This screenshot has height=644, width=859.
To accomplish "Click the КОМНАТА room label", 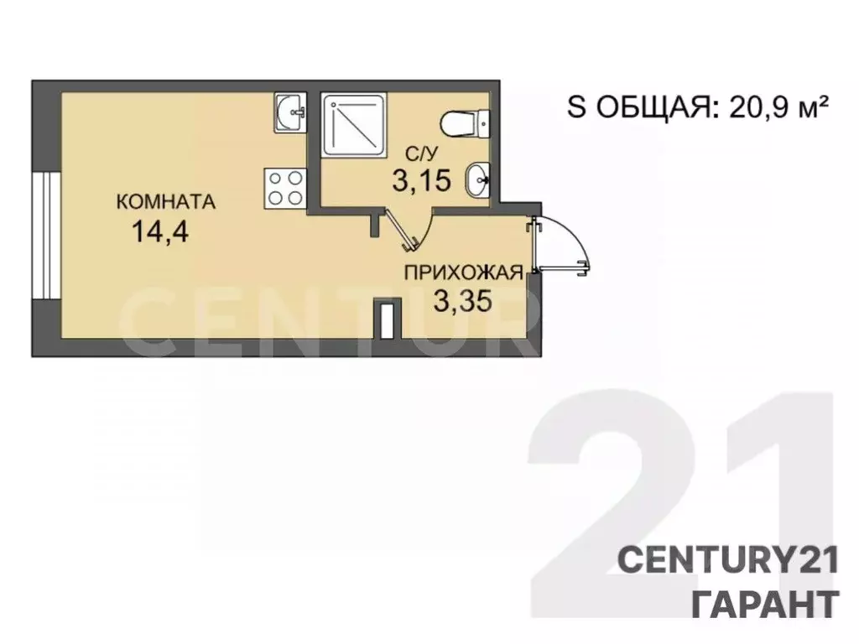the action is pyautogui.click(x=165, y=202).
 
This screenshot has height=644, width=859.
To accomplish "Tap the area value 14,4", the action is pyautogui.click(x=160, y=231).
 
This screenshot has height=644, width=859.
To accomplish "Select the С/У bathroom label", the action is pyautogui.click(x=421, y=154).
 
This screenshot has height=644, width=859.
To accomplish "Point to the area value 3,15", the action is pyautogui.click(x=421, y=181).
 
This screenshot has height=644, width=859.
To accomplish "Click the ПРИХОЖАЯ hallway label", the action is pyautogui.click(x=463, y=273).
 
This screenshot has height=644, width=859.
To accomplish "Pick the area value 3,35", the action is pyautogui.click(x=463, y=301).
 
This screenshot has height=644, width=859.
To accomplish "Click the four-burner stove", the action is pyautogui.click(x=285, y=189).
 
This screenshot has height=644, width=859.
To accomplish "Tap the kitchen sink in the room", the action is pyautogui.click(x=289, y=112).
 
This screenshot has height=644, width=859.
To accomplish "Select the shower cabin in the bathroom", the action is pyautogui.click(x=355, y=125).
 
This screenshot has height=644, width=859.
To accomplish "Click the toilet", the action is pyautogui.click(x=465, y=123).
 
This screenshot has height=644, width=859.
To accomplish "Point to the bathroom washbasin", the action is pyautogui.click(x=477, y=179).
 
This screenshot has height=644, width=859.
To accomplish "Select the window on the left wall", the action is pyautogui.click(x=45, y=236).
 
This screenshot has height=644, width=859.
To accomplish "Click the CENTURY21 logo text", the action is pyautogui.click(x=728, y=561).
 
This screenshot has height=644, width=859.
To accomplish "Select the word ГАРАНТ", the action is pyautogui.click(x=766, y=604).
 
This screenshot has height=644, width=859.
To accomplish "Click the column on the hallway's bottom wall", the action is pyautogui.click(x=388, y=319).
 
